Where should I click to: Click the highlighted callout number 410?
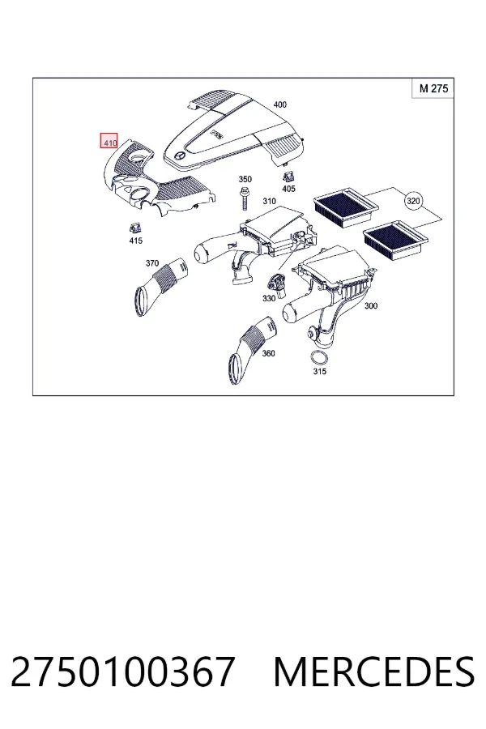click(109, 141)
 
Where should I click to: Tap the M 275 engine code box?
click(433, 88)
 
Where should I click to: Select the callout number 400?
click(279, 104)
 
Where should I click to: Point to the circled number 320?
click(413, 201)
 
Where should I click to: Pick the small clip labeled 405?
click(288, 177)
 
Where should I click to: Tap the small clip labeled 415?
click(135, 228)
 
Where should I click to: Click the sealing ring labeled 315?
click(318, 359)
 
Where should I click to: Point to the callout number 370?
click(152, 263)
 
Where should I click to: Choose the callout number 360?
click(268, 353)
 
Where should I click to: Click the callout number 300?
click(371, 305)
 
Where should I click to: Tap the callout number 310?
click(269, 201)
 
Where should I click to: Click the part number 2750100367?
click(122, 671)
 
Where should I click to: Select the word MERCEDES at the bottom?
click(374, 671)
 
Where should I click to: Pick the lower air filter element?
click(395, 238)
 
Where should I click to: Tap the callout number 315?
click(319, 371)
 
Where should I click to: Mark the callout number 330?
click(269, 298)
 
